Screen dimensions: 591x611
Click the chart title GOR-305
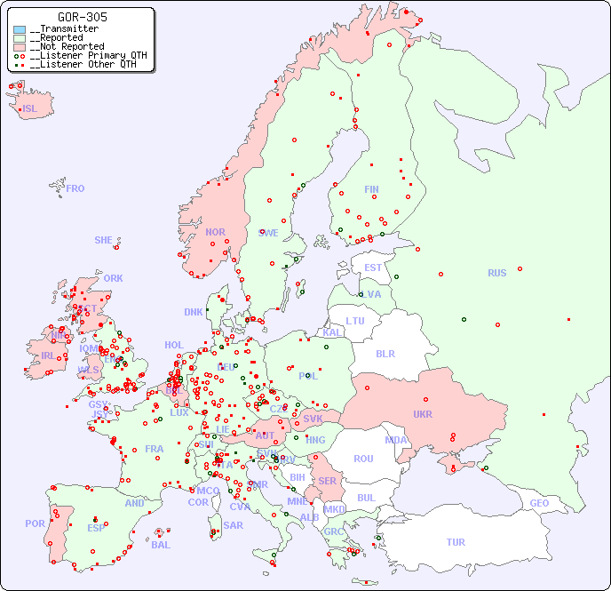click(x=83, y=17)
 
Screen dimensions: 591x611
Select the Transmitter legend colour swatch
click(x=20, y=29)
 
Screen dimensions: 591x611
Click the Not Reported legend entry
click(x=67, y=46)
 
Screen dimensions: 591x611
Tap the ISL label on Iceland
click(x=30, y=109)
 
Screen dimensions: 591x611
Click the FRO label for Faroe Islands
click(x=75, y=188)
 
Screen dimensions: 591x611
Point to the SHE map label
click(x=104, y=240)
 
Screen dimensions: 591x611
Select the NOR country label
click(x=215, y=232)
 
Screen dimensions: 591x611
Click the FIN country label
click(x=371, y=189)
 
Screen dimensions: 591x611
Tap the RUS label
click(x=496, y=273)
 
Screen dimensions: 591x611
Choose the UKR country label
click(x=423, y=414)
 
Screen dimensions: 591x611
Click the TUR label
click(x=456, y=542)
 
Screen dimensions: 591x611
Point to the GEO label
click(x=539, y=503)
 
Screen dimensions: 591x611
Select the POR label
click(x=35, y=523)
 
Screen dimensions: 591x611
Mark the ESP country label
click(x=96, y=527)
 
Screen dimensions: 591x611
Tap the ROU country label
click(x=363, y=459)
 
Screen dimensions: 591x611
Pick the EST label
click(x=373, y=268)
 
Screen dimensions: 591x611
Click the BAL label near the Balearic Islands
click(x=160, y=545)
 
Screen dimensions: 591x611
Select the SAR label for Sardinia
click(x=234, y=524)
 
